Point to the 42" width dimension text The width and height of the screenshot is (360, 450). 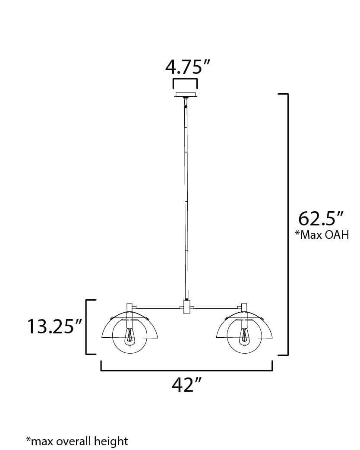point(187,384)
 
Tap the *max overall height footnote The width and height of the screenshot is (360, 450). point(77,441)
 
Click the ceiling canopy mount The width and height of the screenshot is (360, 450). point(186,95)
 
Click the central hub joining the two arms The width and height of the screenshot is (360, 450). point(186,307)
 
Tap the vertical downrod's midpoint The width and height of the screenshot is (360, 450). point(186,201)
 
